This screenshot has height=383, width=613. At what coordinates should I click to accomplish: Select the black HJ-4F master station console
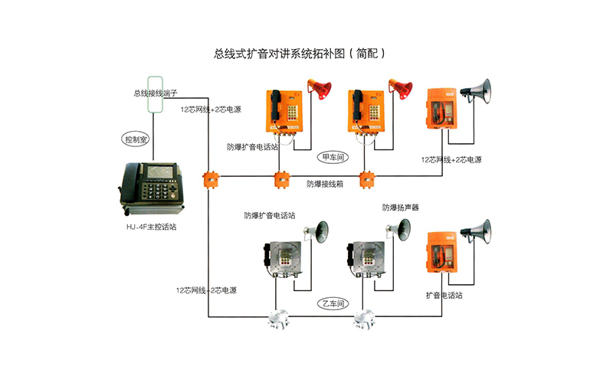pos(152,187)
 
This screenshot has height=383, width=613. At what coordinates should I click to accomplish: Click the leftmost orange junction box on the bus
pos(209,180)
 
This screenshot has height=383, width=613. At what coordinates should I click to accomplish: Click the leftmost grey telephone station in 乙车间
pos(279,258)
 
